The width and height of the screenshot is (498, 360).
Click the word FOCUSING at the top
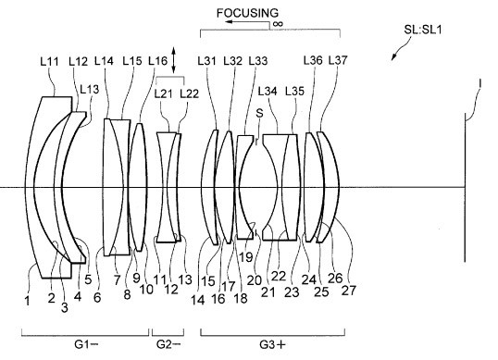(247, 13)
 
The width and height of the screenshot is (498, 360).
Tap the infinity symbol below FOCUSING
(278, 23)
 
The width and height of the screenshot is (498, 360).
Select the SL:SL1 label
(423, 30)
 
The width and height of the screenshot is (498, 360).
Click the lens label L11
(50, 61)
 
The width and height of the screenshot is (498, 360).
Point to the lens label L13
(90, 89)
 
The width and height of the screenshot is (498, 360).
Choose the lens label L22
(189, 93)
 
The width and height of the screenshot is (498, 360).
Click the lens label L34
(268, 91)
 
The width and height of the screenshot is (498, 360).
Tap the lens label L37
(338, 60)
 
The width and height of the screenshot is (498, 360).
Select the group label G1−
(86, 344)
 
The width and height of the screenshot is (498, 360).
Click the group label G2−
(168, 344)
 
